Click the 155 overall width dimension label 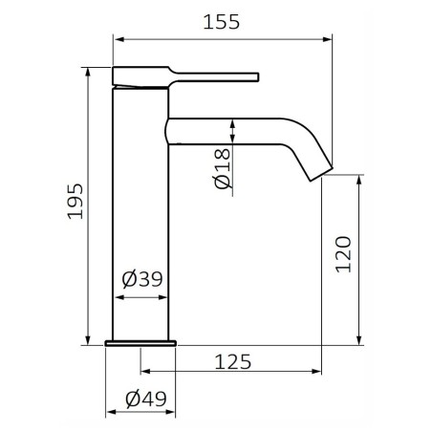(221, 22)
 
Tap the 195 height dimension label (76, 201)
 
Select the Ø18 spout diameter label (222, 168)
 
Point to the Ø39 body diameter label (142, 279)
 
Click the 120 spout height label (343, 254)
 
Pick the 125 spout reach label (233, 361)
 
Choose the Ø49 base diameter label (146, 399)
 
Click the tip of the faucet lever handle (257, 77)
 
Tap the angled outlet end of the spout (322, 174)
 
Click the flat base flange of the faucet (140, 343)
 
